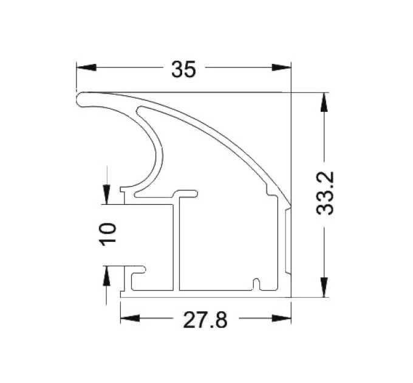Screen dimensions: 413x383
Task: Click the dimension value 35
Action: point(183,69)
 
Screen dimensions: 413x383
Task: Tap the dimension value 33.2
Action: point(325,193)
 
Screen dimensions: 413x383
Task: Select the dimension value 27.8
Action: point(205,320)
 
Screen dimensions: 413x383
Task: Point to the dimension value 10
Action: point(108,234)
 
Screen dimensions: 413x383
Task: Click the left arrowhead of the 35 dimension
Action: point(86,67)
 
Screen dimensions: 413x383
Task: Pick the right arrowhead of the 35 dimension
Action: point(282,67)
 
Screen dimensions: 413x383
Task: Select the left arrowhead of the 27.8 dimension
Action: point(130,318)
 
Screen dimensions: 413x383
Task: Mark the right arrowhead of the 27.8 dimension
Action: point(282,318)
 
